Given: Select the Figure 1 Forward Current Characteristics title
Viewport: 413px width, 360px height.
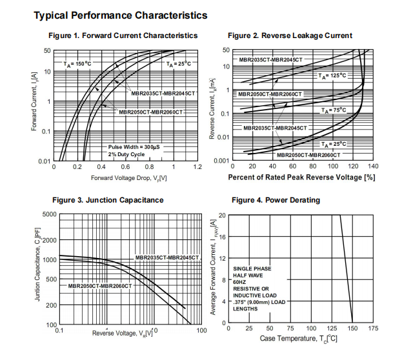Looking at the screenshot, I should pos(123,35).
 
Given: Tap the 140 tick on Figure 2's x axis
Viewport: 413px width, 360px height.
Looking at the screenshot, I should pos(373,166).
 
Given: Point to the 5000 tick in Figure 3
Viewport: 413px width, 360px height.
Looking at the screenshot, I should pos(49,214).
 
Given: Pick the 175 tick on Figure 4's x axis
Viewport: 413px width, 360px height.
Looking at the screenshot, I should pos(373,328).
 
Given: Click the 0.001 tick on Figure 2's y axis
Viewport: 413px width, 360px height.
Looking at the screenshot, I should pos(221,161).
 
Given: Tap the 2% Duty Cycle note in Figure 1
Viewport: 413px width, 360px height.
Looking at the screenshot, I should pos(126,155).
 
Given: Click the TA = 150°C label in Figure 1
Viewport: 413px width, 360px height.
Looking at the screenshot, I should pos(78,64).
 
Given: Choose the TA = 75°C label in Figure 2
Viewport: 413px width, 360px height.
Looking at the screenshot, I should pos(335,110).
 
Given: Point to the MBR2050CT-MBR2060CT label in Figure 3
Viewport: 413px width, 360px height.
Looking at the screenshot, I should pos(99,285).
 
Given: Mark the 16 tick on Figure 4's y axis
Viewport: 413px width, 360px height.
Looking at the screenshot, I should pos(222,237).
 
